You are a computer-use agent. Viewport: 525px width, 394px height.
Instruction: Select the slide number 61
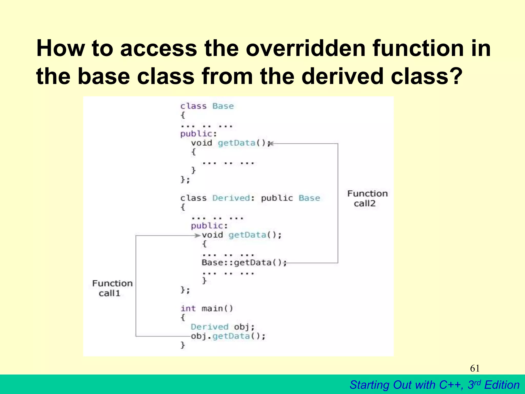(475, 368)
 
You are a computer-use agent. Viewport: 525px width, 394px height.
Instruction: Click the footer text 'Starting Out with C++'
(406, 385)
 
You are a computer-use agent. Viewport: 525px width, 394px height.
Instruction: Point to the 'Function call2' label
(367, 198)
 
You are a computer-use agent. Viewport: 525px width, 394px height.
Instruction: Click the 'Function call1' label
(112, 288)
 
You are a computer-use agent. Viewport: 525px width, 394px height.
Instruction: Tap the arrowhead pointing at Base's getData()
(271, 144)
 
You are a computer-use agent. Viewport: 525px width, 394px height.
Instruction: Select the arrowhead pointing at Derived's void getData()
(197, 235)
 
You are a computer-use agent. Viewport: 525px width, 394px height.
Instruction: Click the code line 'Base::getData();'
(244, 263)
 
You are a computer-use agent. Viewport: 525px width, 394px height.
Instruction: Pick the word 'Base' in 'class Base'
(223, 106)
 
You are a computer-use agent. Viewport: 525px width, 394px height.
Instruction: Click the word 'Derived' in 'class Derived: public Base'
(231, 198)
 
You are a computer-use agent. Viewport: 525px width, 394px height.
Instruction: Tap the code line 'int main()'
(207, 308)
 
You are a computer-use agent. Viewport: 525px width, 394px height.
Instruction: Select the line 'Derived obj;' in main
(223, 327)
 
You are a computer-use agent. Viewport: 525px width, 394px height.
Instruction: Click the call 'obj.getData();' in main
(228, 336)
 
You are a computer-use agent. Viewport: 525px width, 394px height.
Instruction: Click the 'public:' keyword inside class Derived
(209, 226)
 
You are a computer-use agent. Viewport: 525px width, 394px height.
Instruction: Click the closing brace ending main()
(183, 345)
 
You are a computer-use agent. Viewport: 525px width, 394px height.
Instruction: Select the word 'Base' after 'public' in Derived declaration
(309, 198)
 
